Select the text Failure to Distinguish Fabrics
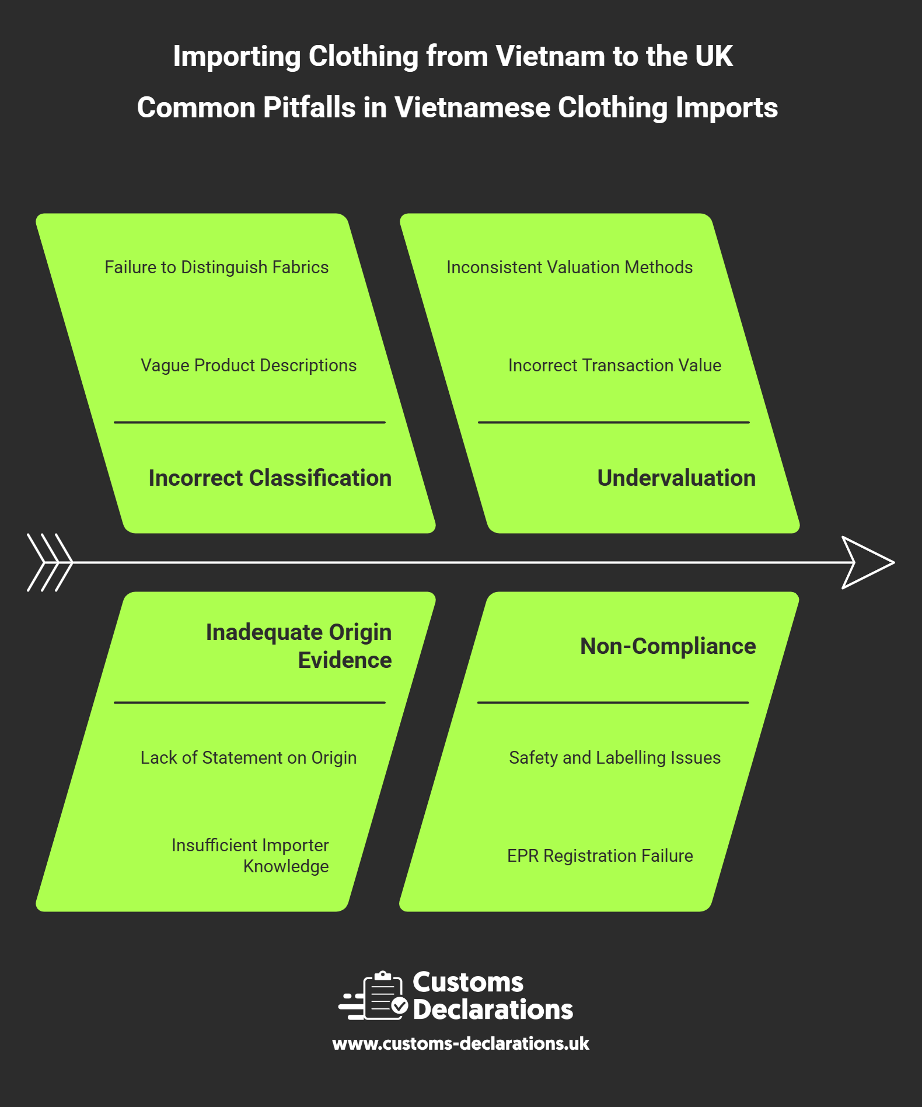click(216, 267)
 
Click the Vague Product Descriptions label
click(249, 365)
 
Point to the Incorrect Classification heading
click(270, 478)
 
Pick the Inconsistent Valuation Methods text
click(570, 267)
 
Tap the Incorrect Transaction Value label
click(614, 365)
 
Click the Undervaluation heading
click(676, 478)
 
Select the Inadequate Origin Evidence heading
click(299, 646)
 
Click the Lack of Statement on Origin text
click(249, 758)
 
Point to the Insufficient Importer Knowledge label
click(250, 855)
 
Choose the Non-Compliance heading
click(668, 646)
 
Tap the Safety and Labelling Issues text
click(614, 758)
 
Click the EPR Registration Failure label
click(600, 856)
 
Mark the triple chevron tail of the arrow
click(50, 562)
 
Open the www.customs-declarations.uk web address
click(461, 1044)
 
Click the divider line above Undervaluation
click(613, 422)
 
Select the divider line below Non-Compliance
click(613, 702)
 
